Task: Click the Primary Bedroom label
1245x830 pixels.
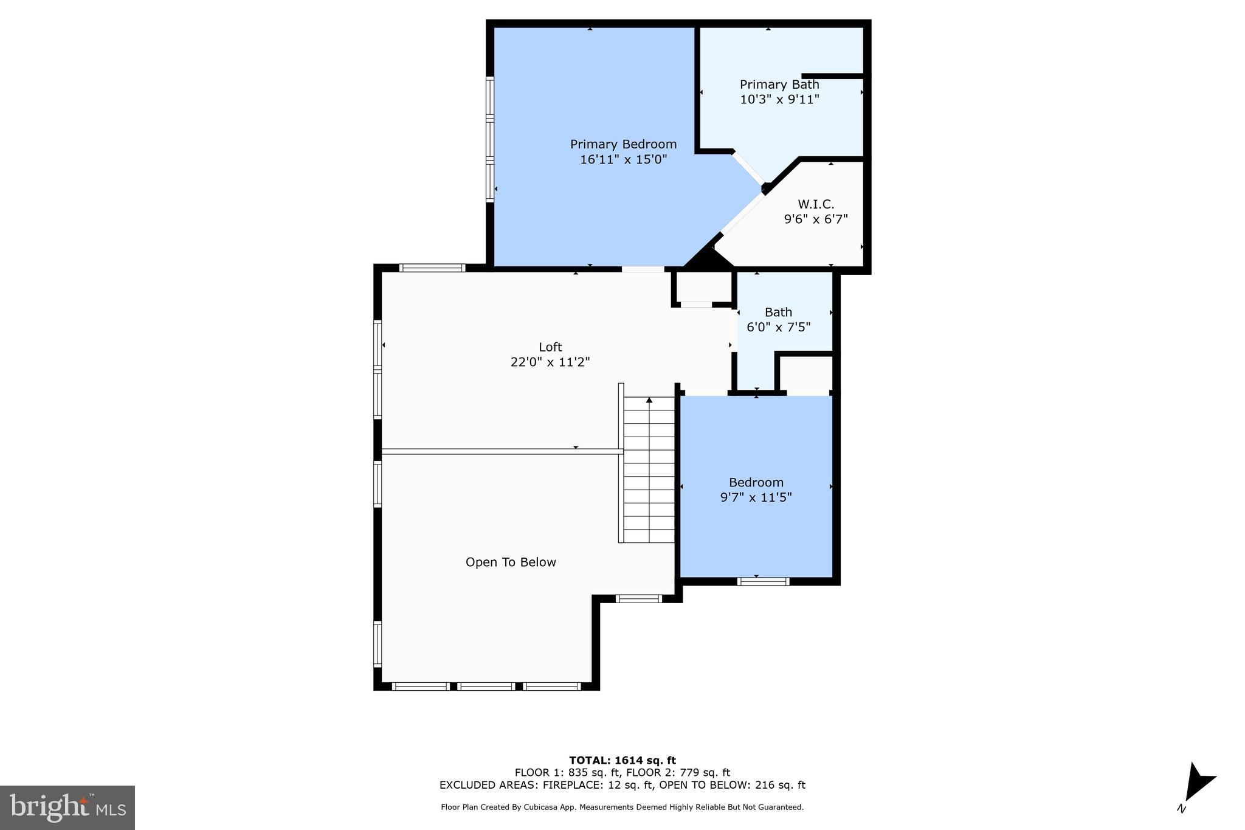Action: tap(623, 144)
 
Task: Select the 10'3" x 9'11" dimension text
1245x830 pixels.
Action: tap(779, 99)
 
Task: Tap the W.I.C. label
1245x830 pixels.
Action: tap(816, 204)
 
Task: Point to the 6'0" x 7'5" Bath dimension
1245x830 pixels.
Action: tap(778, 327)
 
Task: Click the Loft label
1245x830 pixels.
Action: tap(550, 347)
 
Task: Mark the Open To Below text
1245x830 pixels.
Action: tap(511, 562)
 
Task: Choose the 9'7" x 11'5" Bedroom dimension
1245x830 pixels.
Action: tap(756, 497)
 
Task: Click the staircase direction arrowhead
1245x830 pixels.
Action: tap(649, 400)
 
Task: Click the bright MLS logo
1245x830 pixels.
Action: tap(67, 808)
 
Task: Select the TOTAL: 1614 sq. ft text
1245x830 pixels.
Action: tap(622, 760)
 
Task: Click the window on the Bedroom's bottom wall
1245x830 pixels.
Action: tap(763, 581)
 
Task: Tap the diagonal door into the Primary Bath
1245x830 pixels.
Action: tap(748, 167)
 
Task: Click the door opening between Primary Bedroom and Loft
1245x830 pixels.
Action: tap(643, 269)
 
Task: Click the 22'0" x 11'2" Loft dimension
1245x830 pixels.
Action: tap(550, 362)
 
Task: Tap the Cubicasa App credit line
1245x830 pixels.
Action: tap(622, 808)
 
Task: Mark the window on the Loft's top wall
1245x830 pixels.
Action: tap(432, 268)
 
